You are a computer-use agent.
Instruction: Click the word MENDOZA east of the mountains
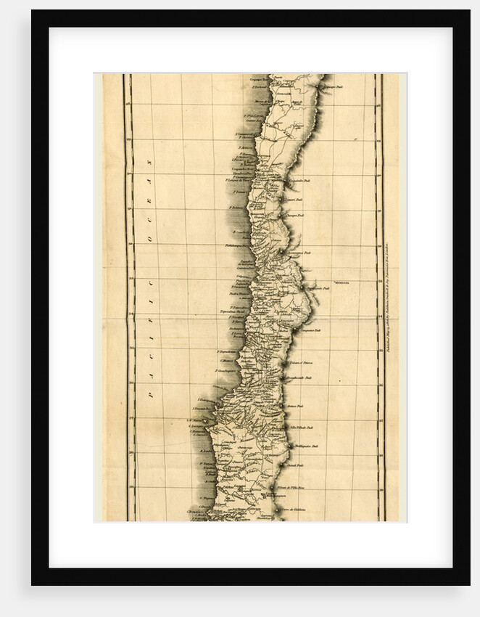[x=342, y=282]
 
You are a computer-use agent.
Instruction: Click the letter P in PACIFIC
[x=150, y=396]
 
